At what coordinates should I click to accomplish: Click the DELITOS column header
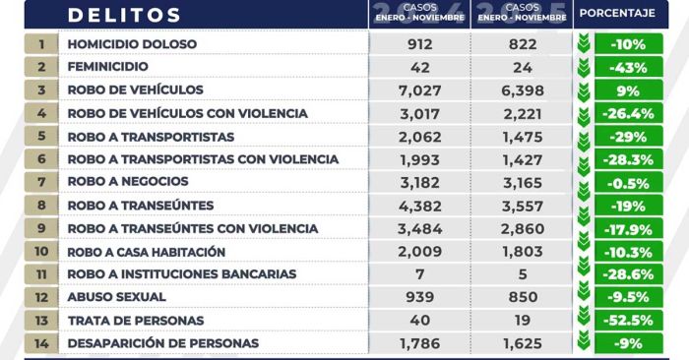[124, 16]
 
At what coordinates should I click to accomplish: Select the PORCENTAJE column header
[617, 14]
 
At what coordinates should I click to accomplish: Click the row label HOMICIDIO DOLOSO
[132, 44]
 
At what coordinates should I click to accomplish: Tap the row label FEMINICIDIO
[107, 67]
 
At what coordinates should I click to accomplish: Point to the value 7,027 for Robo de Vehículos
[419, 90]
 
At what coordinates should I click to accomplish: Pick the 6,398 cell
[521, 90]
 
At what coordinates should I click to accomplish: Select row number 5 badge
[41, 136]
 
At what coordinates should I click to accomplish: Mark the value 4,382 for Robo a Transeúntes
[419, 205]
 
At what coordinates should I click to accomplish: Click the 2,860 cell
[521, 228]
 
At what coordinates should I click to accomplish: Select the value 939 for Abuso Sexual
[419, 297]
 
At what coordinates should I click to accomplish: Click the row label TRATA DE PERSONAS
[135, 321]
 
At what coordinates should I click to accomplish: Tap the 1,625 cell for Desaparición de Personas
[521, 343]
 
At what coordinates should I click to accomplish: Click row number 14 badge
[41, 343]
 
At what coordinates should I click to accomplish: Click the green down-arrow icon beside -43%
[584, 67]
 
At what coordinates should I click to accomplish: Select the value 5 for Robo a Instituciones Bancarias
[521, 273]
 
